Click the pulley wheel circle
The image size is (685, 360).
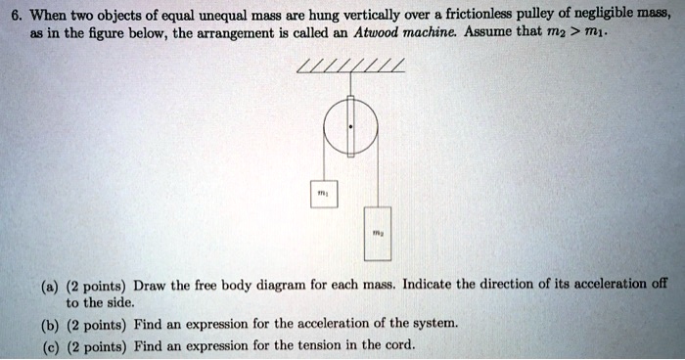349,128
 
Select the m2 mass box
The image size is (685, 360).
377,233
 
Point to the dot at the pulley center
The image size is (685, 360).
349,128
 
